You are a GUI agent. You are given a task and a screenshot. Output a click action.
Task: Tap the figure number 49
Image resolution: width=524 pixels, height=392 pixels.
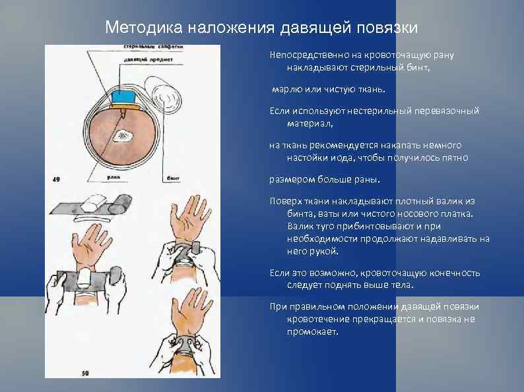pyautogui.click(x=57, y=178)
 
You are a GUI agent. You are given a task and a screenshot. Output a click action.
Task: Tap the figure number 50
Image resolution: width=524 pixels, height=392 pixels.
pyautogui.click(x=84, y=373)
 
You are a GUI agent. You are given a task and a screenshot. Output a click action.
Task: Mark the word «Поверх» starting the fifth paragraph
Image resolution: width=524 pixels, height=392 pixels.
pyautogui.click(x=284, y=201)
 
